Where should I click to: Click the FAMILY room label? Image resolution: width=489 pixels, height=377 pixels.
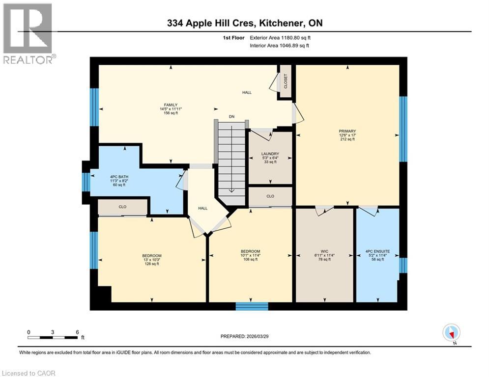171,105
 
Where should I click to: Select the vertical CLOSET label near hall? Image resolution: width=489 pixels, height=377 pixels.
285,81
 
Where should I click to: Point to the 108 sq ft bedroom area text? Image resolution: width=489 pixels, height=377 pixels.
250,259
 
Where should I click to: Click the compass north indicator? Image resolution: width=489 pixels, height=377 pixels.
451,333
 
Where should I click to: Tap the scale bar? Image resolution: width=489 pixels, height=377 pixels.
53,337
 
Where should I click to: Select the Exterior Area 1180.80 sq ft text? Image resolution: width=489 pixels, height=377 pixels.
280,37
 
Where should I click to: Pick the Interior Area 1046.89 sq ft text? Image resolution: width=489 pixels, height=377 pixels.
280,46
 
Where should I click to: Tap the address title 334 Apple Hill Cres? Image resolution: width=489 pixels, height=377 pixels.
244,23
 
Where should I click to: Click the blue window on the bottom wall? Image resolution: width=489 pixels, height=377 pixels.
252,306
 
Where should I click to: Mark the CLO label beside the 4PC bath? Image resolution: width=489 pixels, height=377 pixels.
122,207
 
